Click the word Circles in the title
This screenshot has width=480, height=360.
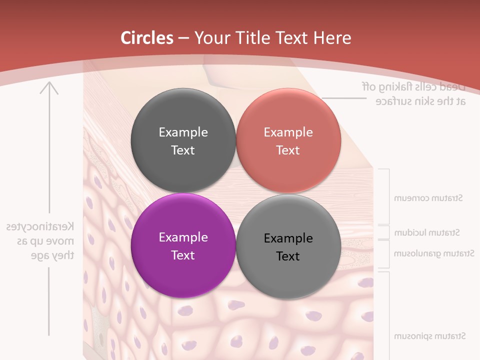147,38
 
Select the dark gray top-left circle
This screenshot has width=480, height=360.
183,140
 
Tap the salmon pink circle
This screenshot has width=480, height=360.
288,140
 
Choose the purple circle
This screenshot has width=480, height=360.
183,245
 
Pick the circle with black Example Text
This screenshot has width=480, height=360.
288,246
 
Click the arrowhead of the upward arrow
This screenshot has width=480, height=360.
49,87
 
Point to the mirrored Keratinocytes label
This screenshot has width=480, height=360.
40,226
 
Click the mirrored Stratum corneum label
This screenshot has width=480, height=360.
428,198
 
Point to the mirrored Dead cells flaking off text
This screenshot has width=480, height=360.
413,86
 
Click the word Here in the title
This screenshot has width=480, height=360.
332,38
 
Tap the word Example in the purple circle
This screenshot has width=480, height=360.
183,237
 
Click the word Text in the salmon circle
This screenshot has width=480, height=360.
288,150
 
